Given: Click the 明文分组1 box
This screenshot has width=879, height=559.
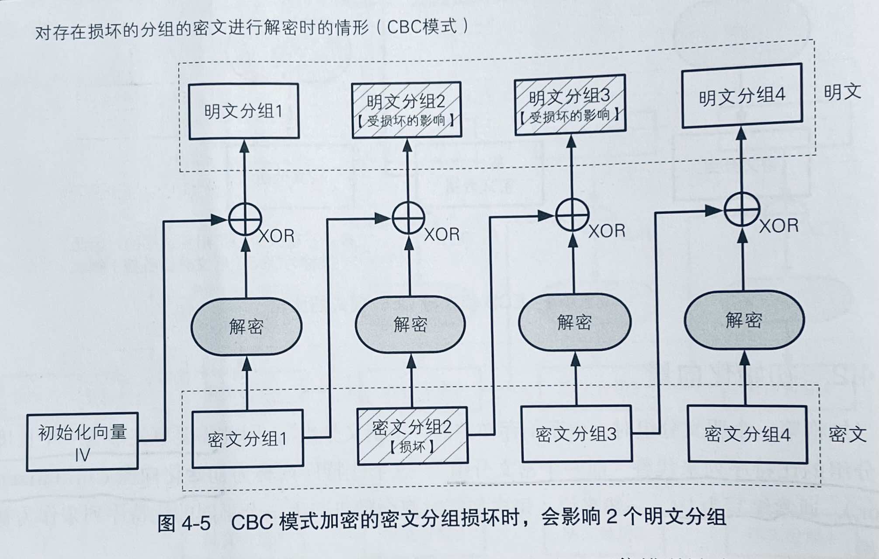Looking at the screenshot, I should click(243, 111).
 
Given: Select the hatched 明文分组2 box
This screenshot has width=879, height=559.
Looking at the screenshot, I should click(406, 110).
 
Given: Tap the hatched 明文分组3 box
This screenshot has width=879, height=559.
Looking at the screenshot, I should click(570, 105).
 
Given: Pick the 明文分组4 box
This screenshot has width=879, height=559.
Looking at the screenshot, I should click(742, 96).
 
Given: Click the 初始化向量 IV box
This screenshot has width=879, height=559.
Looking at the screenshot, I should click(82, 442).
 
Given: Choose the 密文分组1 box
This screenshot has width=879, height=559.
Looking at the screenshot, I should click(247, 439).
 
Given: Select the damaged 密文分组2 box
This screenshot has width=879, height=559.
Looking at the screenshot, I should click(412, 436).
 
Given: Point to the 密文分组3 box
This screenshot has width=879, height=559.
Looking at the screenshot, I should click(577, 434).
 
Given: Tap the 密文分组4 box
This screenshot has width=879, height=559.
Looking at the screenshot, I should click(747, 434).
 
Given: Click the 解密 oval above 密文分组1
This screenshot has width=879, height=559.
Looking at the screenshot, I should click(247, 326).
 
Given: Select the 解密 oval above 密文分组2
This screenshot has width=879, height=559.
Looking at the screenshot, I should click(410, 324).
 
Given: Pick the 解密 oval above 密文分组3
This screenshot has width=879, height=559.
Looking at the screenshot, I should click(574, 322).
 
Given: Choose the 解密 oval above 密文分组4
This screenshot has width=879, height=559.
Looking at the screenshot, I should click(744, 320).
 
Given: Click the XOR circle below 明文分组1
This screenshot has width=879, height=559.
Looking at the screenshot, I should click(245, 219).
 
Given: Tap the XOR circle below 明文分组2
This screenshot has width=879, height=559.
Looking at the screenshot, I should click(408, 217).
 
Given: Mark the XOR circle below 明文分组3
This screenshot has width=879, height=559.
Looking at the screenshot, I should click(572, 214).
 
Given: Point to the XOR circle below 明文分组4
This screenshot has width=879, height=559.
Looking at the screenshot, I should click(741, 210).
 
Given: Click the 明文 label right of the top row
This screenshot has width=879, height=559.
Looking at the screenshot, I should click(842, 92).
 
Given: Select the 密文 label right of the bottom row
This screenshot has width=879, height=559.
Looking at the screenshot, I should click(847, 434).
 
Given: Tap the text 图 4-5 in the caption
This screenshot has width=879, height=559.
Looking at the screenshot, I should click(184, 523).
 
